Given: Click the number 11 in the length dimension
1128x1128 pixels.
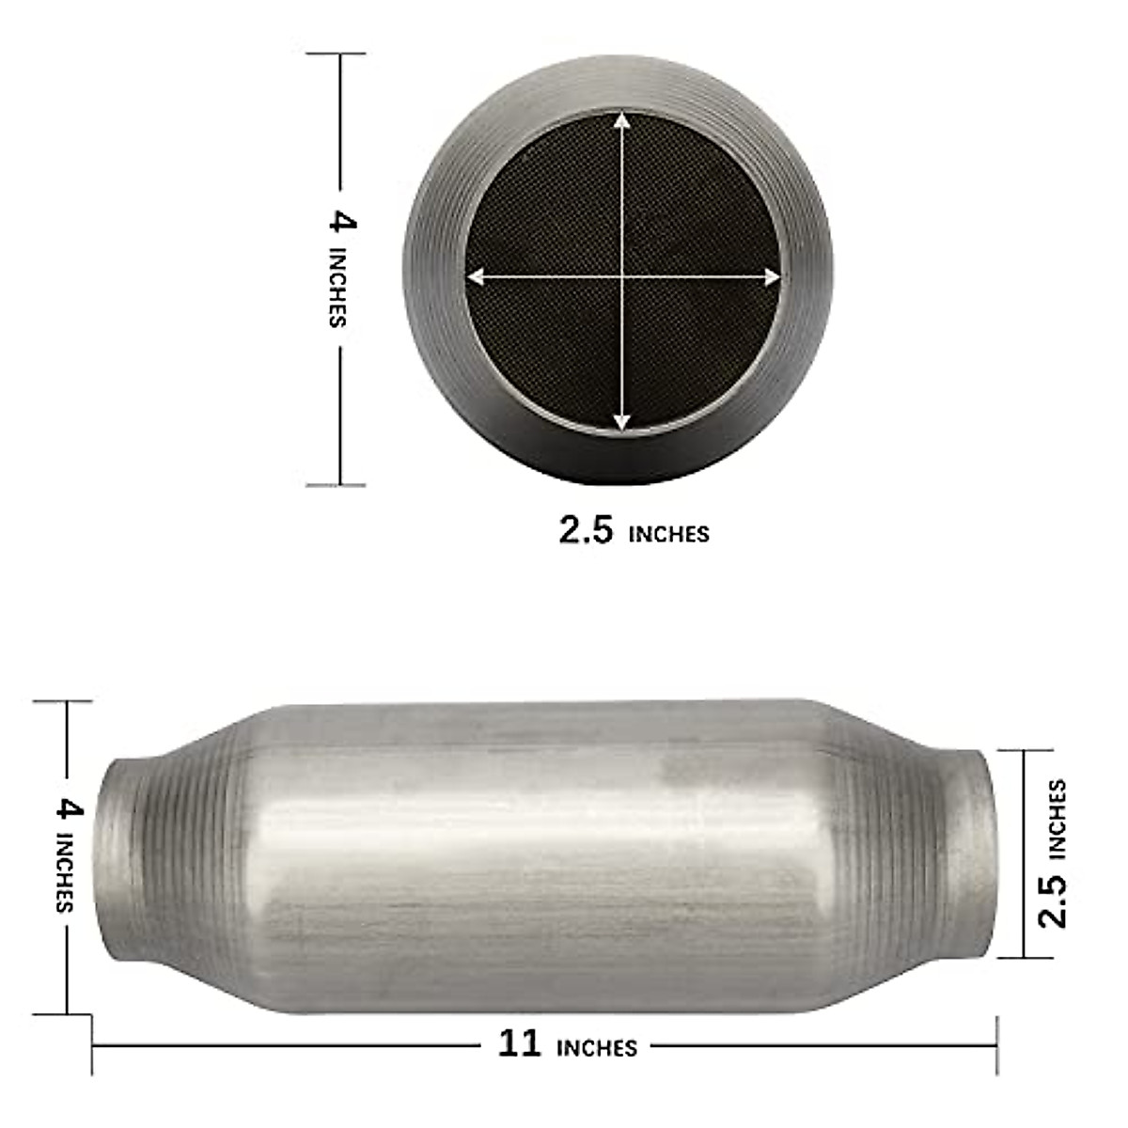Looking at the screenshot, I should [x=519, y=1043].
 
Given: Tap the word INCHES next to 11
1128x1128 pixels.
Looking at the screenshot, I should [x=597, y=1047].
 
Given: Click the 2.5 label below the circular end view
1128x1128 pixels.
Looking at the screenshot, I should [x=586, y=531].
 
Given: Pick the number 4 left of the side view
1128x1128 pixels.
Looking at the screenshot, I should [x=69, y=808].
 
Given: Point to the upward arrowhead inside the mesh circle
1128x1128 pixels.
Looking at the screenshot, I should [x=621, y=120].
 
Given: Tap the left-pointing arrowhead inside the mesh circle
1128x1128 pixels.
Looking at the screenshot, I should [x=476, y=276].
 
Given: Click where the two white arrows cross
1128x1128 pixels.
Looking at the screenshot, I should [x=621, y=276].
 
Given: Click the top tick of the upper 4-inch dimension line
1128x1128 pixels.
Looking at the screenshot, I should [x=337, y=54].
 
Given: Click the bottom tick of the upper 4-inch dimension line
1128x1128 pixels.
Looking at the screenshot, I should [x=337, y=485].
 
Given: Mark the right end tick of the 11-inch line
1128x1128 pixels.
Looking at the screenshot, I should [x=996, y=1043].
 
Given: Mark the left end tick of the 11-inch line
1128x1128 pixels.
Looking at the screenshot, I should [x=92, y=1043].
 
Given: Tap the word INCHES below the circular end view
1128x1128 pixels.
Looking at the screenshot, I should [x=668, y=535].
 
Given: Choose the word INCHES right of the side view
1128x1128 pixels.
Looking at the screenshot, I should [x=1057, y=818].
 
